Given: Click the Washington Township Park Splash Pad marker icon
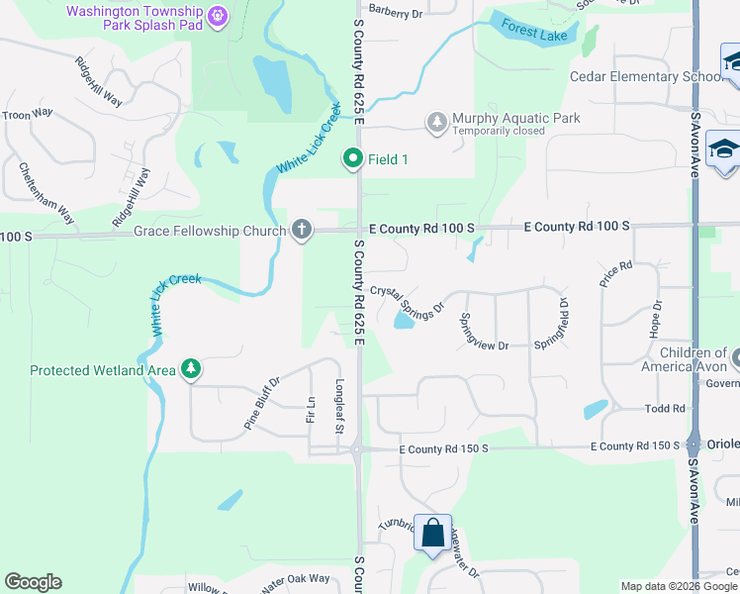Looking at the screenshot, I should click(219, 16).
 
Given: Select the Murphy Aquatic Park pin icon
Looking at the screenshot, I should click(436, 123).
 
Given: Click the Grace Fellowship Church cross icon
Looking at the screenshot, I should click(302, 231).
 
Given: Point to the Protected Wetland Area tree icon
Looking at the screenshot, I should click(191, 370).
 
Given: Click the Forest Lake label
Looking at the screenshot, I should click(533, 33).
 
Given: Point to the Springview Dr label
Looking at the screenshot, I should click(483, 332).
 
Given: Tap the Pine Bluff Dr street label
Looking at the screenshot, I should click(262, 402).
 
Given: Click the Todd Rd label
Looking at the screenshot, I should click(665, 408).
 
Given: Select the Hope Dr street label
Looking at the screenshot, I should click(655, 319).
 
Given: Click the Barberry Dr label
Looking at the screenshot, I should click(395, 13).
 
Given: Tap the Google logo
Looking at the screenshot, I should click(33, 582).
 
